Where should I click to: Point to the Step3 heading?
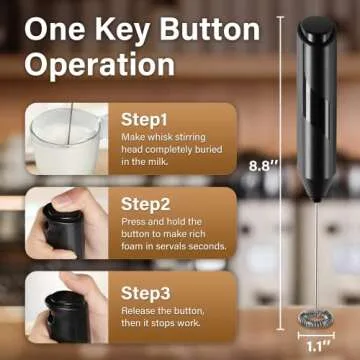tap(148, 293)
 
